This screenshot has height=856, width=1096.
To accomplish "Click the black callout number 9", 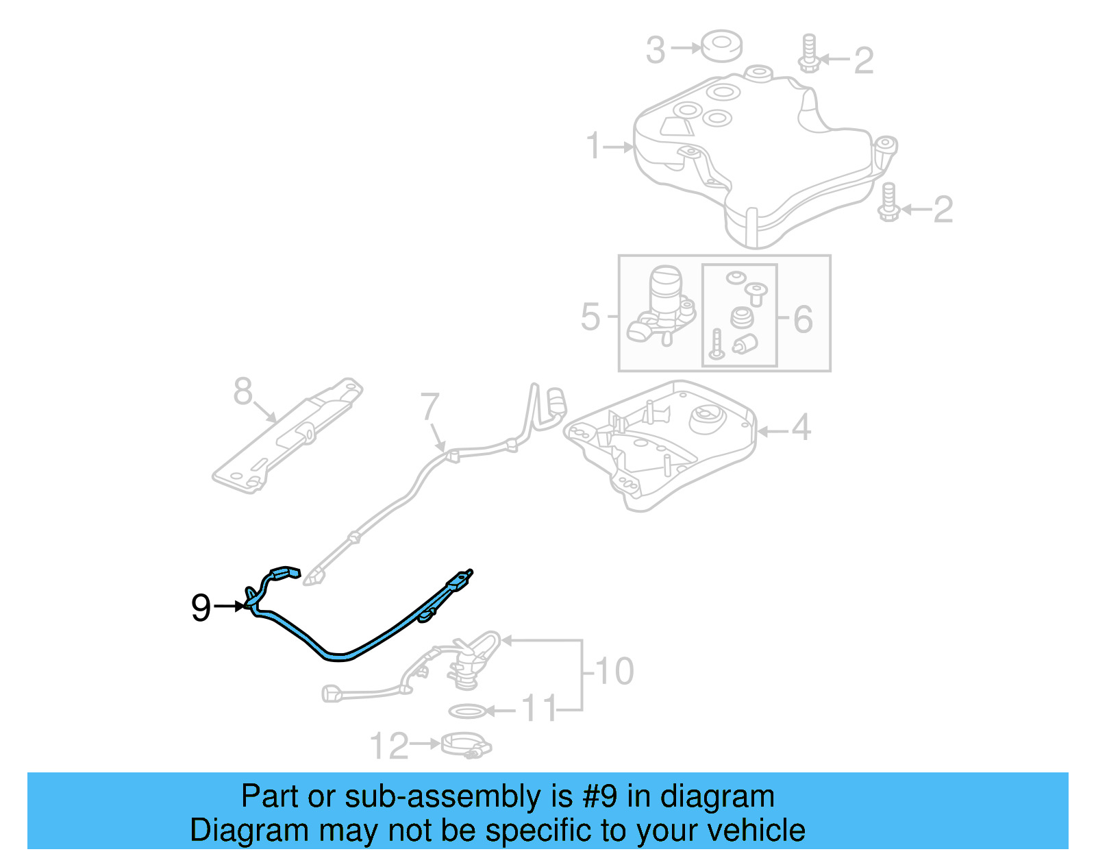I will (200, 607).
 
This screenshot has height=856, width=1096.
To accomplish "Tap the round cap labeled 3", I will (721, 45).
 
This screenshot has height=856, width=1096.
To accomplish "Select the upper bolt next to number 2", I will (809, 53).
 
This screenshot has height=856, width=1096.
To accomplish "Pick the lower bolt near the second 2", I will (888, 203).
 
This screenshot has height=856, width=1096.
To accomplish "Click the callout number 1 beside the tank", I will (594, 146).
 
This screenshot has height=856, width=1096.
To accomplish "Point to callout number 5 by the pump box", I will (590, 317).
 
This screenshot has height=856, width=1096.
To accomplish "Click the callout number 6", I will (803, 319).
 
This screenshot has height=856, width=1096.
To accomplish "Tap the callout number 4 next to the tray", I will (801, 428).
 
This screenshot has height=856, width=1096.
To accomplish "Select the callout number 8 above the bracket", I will (242, 391).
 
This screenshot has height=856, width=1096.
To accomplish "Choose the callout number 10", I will (614, 671).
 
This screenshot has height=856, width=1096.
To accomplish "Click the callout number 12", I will (389, 746).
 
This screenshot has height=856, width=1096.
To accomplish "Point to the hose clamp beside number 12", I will (466, 745).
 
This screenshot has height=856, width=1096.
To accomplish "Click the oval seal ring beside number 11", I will (468, 711).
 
